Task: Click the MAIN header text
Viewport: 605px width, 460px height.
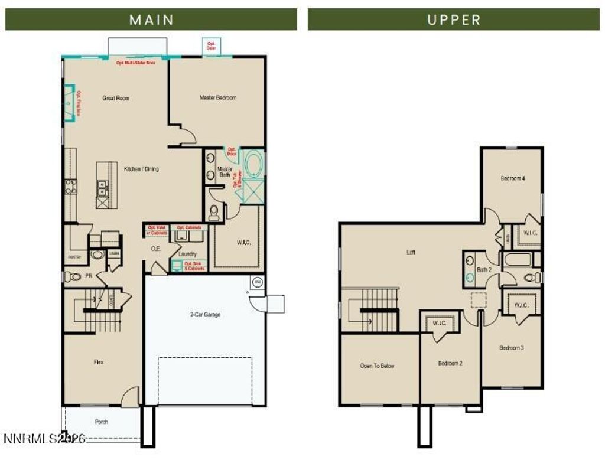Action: pos(151,19)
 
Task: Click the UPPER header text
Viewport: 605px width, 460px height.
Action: pos(453,19)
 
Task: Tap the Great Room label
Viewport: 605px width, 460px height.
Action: pos(116,98)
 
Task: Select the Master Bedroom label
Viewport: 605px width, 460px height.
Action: pos(217,97)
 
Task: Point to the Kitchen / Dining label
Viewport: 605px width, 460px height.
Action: pos(141,169)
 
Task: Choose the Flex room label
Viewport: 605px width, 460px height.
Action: pos(98,362)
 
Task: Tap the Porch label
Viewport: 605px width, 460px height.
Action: pos(101,422)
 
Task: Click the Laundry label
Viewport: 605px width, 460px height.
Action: pos(187,254)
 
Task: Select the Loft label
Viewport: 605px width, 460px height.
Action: pos(411,252)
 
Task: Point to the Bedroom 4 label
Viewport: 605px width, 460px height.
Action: pos(513,178)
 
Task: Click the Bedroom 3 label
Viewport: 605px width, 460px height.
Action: pos(511,348)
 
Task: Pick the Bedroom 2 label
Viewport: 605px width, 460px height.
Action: pos(450,363)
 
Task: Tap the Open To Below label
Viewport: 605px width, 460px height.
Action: pos(377,366)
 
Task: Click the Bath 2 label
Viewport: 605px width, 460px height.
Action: pos(484,269)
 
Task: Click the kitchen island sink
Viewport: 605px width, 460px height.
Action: pos(102,188)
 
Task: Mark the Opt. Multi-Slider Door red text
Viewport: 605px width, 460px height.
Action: pos(136,61)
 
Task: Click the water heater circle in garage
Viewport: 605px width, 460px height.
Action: pos(257,281)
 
